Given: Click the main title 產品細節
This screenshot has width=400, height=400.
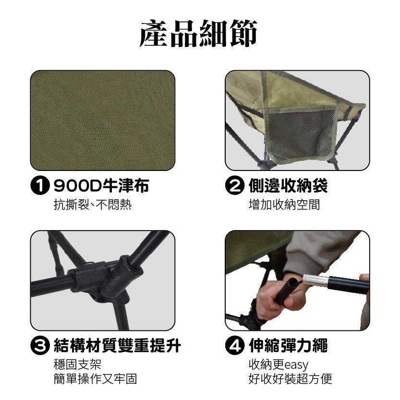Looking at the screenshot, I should click(199, 33).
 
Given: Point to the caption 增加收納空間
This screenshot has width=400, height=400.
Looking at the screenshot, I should click(284, 206).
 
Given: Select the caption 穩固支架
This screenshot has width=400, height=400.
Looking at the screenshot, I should click(77, 364).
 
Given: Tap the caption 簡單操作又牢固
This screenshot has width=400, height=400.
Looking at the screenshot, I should click(95, 379).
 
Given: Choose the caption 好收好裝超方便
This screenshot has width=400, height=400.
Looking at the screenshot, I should click(290, 379).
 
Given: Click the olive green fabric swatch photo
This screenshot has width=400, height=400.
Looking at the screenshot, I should click(103, 121).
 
